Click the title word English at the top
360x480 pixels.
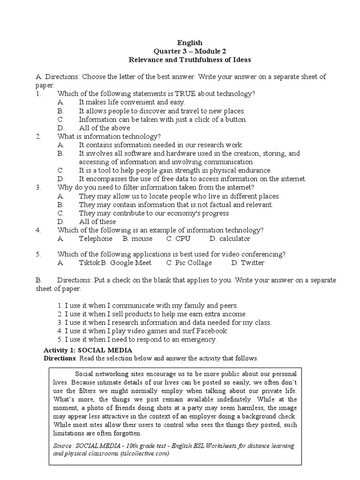click(x=190, y=43)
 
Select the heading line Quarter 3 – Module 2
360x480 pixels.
click(x=190, y=51)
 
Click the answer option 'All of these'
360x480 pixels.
click(x=97, y=222)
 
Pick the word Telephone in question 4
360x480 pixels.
click(x=96, y=239)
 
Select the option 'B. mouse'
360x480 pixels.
click(x=137, y=239)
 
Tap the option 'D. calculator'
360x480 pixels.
click(x=230, y=239)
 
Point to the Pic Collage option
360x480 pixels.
click(x=189, y=262)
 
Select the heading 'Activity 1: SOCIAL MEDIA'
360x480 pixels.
click(x=88, y=350)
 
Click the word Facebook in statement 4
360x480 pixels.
click(x=208, y=331)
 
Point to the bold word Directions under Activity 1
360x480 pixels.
click(x=60, y=359)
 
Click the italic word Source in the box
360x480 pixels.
click(x=64, y=445)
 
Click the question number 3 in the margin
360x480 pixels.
click(x=37, y=187)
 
